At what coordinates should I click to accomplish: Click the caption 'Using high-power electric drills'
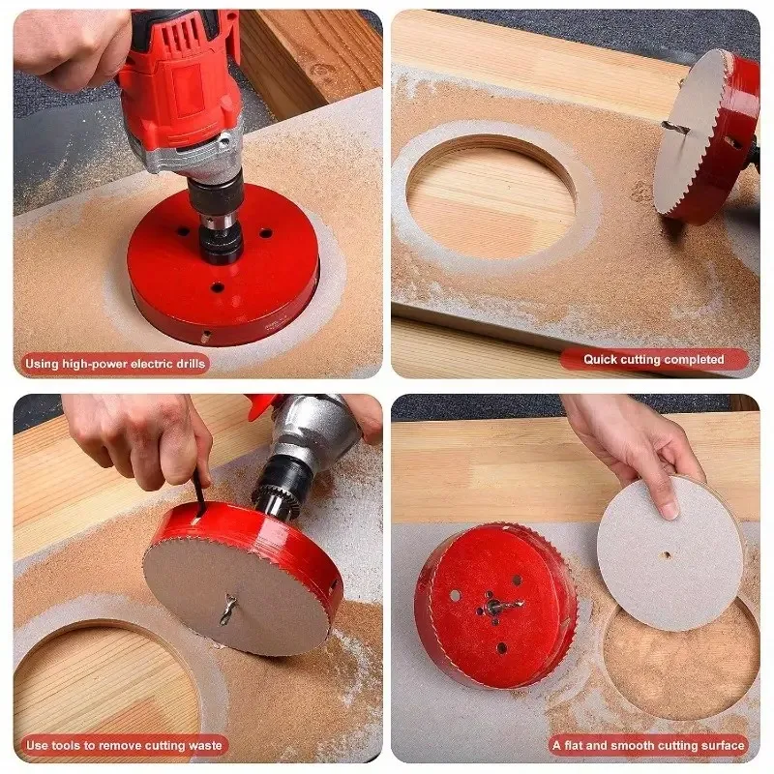(x=115, y=364)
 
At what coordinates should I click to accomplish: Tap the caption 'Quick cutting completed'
(x=654, y=359)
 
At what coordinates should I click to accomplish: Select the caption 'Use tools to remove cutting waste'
(x=124, y=745)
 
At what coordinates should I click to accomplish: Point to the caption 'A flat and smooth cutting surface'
(x=648, y=745)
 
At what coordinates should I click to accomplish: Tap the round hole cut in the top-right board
(x=491, y=197)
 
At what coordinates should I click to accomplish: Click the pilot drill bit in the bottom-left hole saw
(x=229, y=609)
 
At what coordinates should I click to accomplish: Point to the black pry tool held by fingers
(x=199, y=492)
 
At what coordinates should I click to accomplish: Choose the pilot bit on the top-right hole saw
(x=677, y=129)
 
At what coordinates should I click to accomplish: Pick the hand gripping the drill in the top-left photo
(x=72, y=46)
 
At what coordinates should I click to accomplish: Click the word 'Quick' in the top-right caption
(x=600, y=359)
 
